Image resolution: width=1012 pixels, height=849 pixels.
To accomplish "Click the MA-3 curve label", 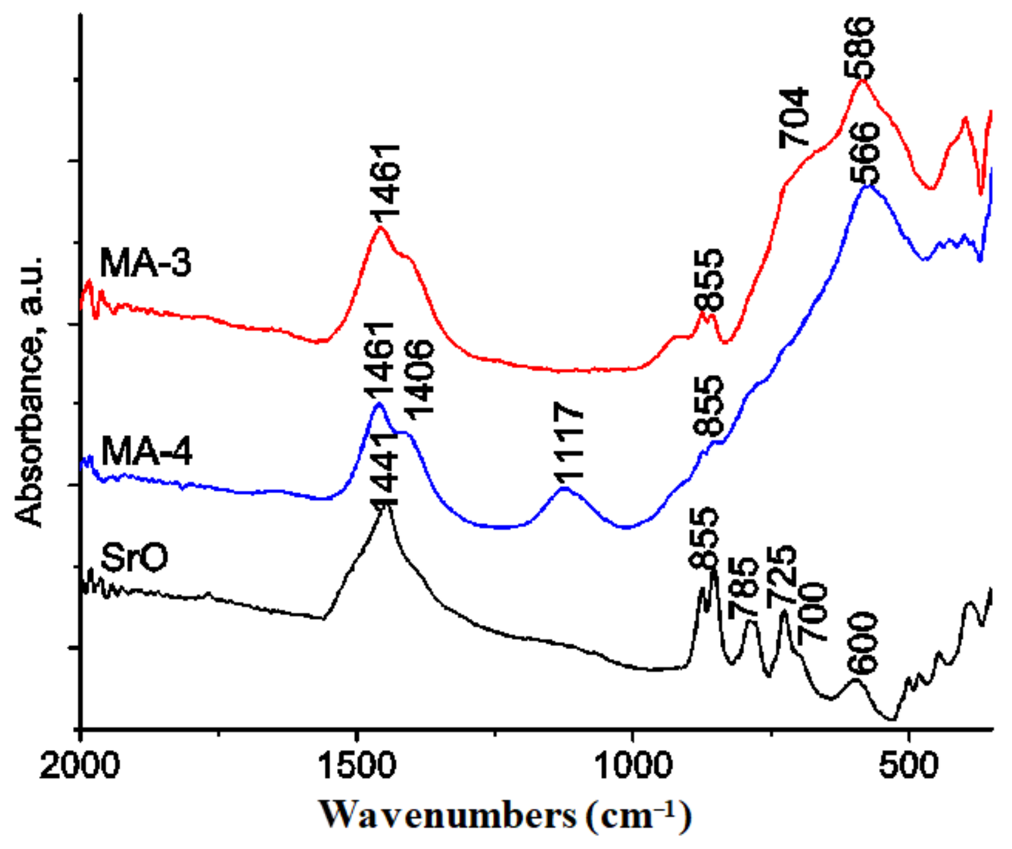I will coord(145,262).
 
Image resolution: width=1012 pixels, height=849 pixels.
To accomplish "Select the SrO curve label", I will coord(134,558).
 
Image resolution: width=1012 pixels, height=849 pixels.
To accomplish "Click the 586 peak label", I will coord(860,48).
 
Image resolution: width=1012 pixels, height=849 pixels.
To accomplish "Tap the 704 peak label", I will coord(794,118).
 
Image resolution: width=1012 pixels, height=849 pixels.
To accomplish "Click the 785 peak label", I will coord(742,588).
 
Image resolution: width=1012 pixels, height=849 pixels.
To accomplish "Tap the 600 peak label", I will coord(863,644).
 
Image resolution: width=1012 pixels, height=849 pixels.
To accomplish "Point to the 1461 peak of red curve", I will coord(380,227).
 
